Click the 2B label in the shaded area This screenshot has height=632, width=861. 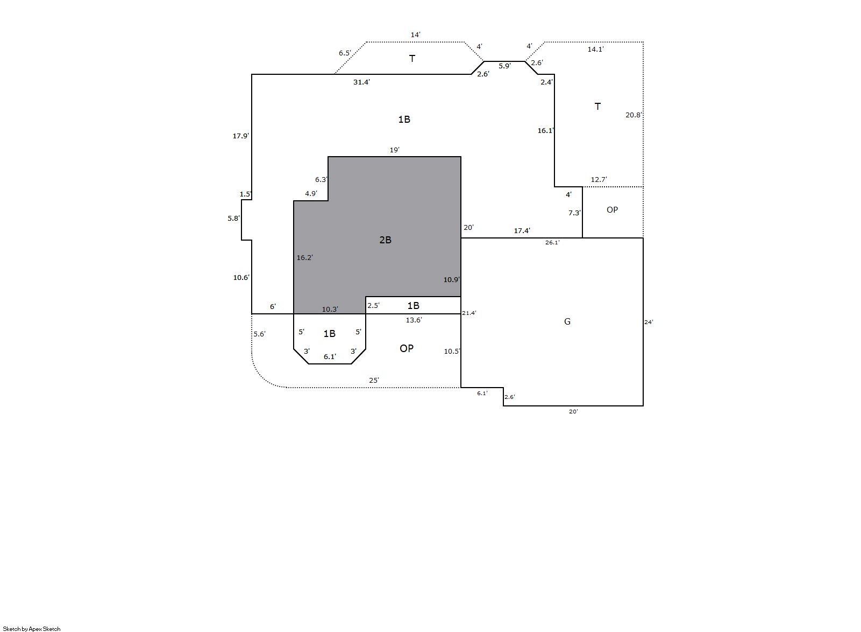coord(385,240)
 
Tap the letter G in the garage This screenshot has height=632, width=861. coord(567,321)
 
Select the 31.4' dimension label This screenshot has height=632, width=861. coord(361,82)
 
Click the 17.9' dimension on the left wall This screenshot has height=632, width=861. coord(240,136)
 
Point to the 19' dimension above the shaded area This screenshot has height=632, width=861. coord(394,150)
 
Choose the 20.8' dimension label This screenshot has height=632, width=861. coord(634,115)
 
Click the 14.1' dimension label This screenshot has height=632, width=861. coord(595,49)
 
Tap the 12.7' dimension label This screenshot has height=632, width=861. coord(599,180)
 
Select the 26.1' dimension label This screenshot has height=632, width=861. coord(552,243)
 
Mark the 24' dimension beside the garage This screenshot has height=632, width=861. coord(649,322)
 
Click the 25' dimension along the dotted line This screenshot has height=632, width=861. coord(374,381)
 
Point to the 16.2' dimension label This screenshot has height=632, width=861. coord(304,258)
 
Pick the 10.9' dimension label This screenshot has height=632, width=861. coord(451,279)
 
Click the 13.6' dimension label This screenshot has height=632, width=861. coord(414,320)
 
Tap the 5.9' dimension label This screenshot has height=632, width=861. coord(504,66)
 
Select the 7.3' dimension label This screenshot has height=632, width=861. coord(574,213)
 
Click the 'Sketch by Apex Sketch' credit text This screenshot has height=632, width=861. coord(32,629)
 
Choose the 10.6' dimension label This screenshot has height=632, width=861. coord(241,277)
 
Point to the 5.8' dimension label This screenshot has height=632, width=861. coord(233,219)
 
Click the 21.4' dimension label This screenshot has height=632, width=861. coord(469,313)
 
